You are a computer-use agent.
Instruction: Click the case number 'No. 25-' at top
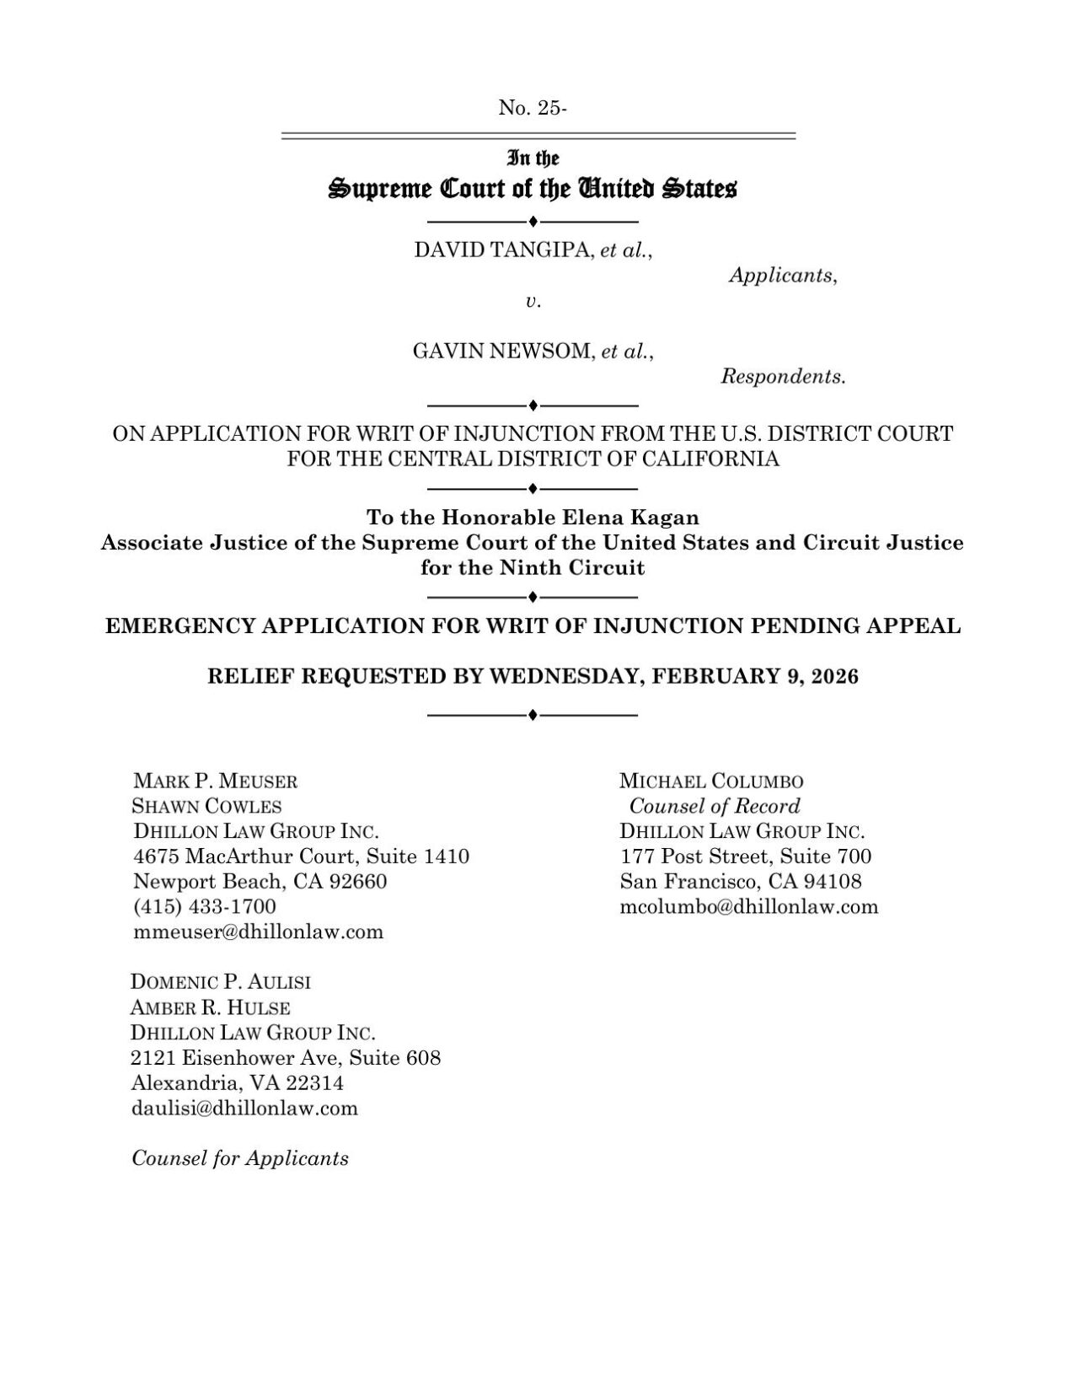533,108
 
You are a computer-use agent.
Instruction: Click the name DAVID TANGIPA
504,250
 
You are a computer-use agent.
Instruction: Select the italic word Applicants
781,276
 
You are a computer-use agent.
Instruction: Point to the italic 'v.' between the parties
533,301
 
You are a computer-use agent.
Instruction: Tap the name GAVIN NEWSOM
504,352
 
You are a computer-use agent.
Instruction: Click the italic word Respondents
782,377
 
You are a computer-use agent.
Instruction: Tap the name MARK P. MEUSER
216,781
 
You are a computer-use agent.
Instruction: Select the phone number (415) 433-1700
205,906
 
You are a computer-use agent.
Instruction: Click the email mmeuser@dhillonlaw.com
259,932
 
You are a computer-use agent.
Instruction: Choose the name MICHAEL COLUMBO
711,781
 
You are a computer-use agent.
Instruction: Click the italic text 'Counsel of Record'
715,806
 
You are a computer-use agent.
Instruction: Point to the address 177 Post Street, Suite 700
746,856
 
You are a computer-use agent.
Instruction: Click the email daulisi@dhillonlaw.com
244,1108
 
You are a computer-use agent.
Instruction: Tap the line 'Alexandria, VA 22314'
238,1082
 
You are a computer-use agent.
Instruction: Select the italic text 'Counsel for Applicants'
240,1158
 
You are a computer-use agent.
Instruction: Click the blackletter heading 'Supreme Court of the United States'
533,189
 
